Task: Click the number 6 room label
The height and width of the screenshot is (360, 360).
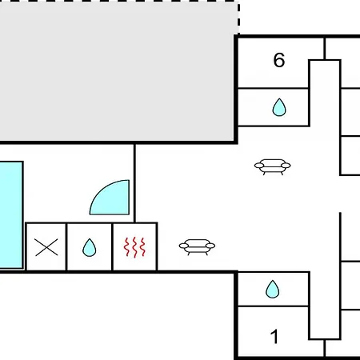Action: click(x=279, y=60)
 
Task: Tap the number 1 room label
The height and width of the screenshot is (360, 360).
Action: click(x=274, y=336)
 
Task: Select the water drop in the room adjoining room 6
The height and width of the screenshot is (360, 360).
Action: click(x=279, y=107)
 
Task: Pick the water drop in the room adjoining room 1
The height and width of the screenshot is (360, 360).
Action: click(x=272, y=289)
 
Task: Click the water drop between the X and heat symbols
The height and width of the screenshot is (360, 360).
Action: click(x=90, y=247)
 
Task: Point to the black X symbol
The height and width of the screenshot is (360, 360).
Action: click(x=46, y=247)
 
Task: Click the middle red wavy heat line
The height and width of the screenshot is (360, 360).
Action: click(x=135, y=247)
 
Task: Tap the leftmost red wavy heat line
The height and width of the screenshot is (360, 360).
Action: click(x=126, y=247)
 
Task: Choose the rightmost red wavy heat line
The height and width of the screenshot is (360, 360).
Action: click(x=143, y=247)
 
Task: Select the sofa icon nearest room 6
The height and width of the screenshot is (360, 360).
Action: click(x=272, y=166)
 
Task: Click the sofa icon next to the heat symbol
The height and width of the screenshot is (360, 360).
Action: click(x=197, y=247)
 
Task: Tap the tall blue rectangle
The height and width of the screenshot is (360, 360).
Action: click(x=11, y=214)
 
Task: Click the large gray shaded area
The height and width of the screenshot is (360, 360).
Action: click(x=118, y=71)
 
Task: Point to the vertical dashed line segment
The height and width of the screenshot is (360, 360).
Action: click(x=238, y=18)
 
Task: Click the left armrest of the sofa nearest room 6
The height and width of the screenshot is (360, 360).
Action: click(x=259, y=166)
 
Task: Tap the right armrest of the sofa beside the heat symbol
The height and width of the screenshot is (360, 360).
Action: click(x=210, y=246)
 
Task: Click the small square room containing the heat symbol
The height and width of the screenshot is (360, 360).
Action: click(x=135, y=246)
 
